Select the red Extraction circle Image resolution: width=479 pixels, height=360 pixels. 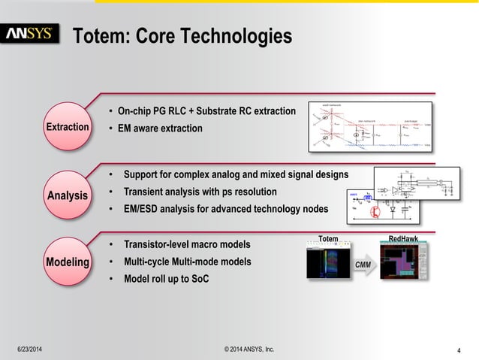[x=68, y=127]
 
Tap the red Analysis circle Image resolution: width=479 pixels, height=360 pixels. [x=68, y=195]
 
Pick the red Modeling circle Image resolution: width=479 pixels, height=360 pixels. [x=68, y=262]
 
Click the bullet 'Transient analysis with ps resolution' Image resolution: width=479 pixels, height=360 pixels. [x=200, y=192]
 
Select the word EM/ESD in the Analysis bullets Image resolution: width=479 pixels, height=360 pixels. [x=143, y=208]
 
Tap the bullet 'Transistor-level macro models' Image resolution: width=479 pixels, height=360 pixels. [x=186, y=244]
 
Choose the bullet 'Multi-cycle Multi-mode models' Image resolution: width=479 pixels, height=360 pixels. [x=187, y=262]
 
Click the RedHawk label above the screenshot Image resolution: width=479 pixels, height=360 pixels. [x=403, y=239]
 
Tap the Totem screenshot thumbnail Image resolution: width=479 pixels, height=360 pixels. [x=328, y=264]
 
